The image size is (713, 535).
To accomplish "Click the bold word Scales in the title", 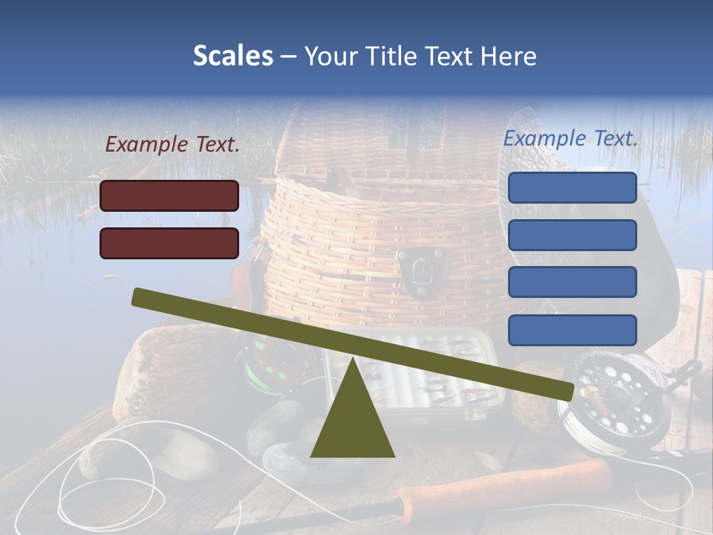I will click(x=232, y=56).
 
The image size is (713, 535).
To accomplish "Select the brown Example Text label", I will click(x=172, y=144).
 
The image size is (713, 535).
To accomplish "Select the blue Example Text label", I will click(x=570, y=138).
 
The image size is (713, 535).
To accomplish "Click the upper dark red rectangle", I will click(x=169, y=195).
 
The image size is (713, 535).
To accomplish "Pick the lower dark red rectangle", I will click(x=169, y=243).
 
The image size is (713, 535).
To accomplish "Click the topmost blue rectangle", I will click(x=572, y=187).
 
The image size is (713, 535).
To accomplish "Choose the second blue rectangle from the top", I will click(x=572, y=235).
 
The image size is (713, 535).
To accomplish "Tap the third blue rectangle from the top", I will click(x=572, y=282).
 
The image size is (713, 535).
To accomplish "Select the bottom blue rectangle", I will click(x=572, y=330).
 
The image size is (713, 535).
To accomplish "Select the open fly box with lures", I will click(x=446, y=386).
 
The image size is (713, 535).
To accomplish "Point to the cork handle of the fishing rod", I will click(x=505, y=483).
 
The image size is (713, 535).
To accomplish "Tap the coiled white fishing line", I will click(x=111, y=476).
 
